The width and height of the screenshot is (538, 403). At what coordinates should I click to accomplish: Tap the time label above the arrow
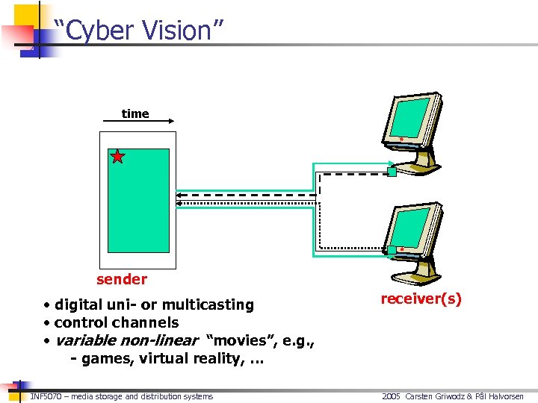coord(135,113)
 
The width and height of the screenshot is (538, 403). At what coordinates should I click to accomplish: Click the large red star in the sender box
coord(118,156)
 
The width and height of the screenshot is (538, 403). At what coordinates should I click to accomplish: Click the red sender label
coord(122,279)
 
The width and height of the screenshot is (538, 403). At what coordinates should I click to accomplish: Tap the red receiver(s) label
coord(421,299)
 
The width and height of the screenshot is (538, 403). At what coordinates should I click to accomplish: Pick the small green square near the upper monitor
coord(391,172)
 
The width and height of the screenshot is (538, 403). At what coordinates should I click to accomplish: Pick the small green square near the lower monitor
coord(391,249)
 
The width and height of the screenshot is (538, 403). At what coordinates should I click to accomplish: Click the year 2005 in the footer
coord(391,396)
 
